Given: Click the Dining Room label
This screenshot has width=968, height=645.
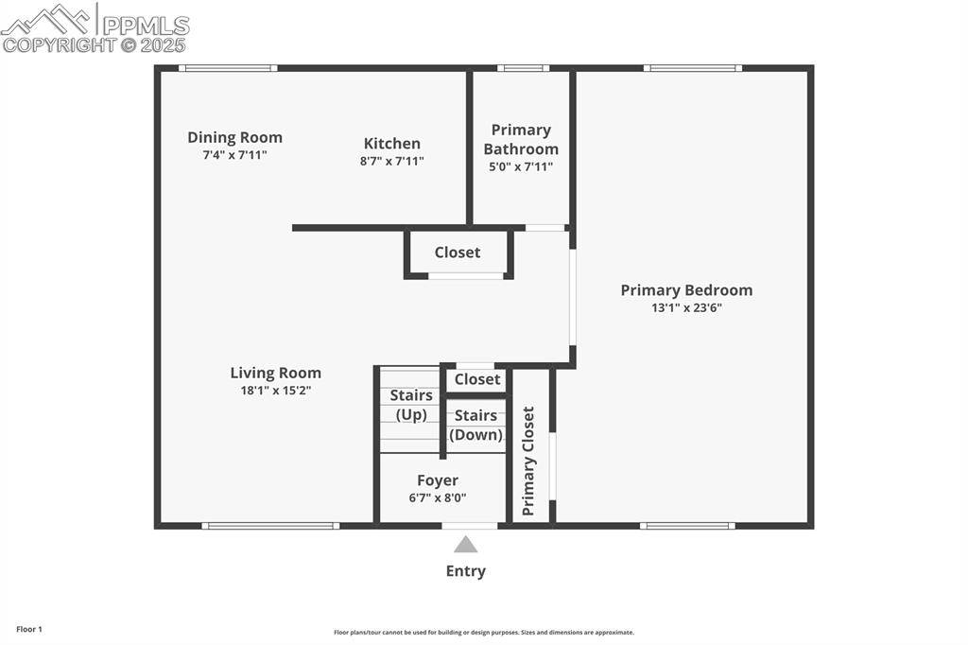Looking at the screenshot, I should pos(234,137).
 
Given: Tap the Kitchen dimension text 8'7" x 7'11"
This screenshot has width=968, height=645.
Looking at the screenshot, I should pos(391,161).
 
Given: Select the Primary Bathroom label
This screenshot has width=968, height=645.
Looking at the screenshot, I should pos(521,139).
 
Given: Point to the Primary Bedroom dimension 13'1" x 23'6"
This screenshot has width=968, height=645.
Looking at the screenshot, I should pos(686,306).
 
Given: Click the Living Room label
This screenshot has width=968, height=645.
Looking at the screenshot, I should pos(275,373).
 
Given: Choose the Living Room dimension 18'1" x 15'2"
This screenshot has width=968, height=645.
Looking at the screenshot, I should pos(275,390).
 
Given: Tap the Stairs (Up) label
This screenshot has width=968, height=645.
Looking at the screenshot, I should pos(411,405).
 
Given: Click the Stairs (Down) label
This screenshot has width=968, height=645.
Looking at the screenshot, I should pos(475,425).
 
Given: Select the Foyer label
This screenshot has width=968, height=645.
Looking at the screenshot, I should pos(438,480).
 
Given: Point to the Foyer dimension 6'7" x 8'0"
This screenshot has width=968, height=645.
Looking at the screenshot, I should pos(438,497).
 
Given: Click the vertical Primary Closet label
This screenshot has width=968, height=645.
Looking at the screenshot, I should pos(528,461).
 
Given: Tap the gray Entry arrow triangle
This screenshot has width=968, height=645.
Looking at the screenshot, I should pos(465,545).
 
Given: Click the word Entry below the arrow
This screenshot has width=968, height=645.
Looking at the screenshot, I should pos(465,571).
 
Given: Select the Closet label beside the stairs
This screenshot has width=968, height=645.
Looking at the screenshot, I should pos(477,379).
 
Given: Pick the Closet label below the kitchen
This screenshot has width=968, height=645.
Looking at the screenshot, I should pos(458,253).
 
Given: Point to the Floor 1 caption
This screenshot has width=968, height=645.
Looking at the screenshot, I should pos(28,629).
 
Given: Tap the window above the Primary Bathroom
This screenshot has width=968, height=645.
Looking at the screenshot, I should pos(523,68).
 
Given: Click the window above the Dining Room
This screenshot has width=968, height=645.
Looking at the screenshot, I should pos(228,68).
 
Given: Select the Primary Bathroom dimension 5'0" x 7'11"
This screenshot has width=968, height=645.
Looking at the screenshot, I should pos(521,166).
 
